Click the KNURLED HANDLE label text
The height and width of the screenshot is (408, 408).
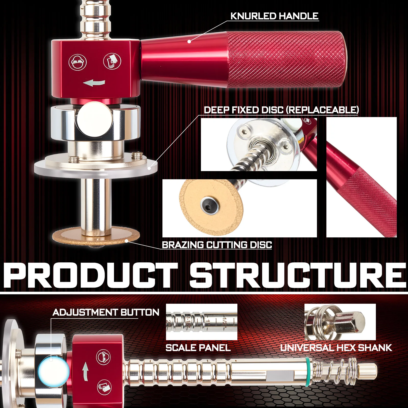(x=274, y=16)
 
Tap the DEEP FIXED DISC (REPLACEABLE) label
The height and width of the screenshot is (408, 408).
(x=281, y=110)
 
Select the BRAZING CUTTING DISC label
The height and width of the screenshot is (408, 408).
(x=217, y=245)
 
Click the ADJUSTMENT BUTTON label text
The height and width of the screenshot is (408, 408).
(x=106, y=312)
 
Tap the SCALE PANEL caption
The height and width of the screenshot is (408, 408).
(x=198, y=348)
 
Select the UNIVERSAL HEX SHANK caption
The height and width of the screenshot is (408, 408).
(x=336, y=348)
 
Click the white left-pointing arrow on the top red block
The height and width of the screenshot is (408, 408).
(x=94, y=83)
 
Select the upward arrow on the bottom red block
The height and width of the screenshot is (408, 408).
(x=85, y=373)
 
